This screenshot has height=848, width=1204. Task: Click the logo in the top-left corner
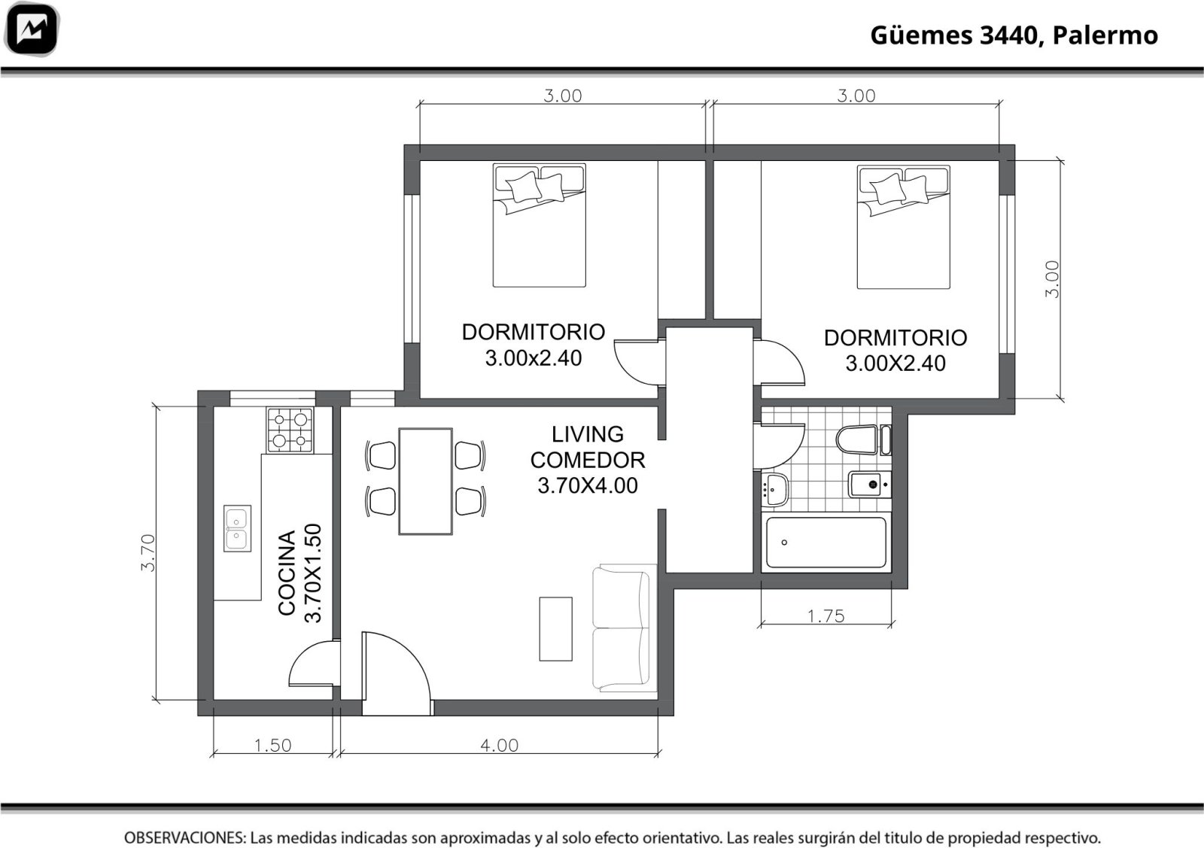32,29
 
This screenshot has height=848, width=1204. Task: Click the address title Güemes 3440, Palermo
1014,35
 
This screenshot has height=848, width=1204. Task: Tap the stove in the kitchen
290,430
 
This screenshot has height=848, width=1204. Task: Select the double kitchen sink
237,527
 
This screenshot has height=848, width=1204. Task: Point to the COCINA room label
287,573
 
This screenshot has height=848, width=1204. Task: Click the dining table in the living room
425,481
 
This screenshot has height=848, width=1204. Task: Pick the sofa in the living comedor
624,628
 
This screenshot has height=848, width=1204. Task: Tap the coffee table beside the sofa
556,628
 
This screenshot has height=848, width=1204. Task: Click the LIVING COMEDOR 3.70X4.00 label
588,460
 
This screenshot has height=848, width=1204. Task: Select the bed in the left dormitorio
539,225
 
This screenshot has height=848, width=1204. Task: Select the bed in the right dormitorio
903,226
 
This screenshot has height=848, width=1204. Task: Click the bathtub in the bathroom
825,543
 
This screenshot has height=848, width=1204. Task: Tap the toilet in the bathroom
863,439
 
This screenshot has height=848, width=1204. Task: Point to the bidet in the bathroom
869,485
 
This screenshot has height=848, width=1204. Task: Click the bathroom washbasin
774,490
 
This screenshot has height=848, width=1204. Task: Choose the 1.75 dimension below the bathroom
826,615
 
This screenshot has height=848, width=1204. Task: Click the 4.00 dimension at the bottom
500,746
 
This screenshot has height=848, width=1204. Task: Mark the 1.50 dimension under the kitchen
272,746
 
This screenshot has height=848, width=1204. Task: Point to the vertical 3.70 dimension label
147,552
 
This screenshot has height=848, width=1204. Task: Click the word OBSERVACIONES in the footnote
185,837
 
